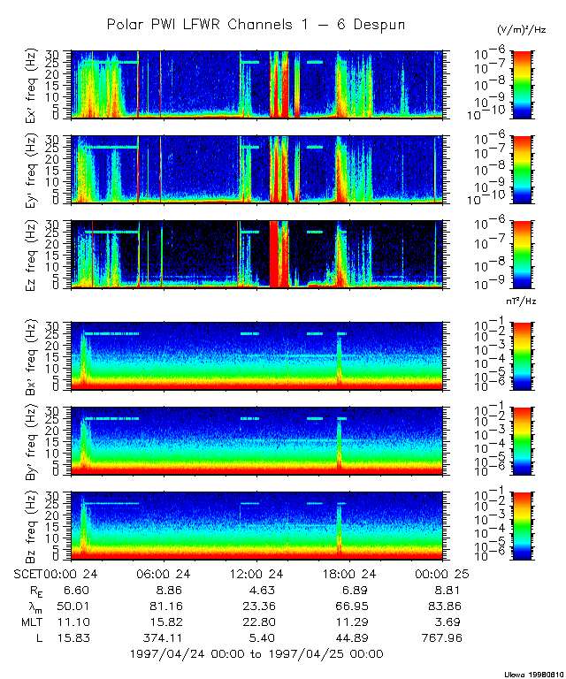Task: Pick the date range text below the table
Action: coord(256,653)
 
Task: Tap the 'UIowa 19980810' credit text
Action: coord(532,672)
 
